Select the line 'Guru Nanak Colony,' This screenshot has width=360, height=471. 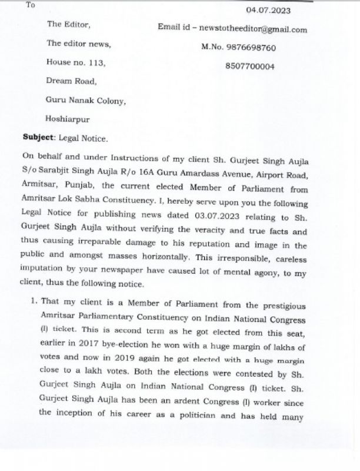[x=85, y=100]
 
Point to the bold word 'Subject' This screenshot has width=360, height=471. [x=38, y=137]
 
